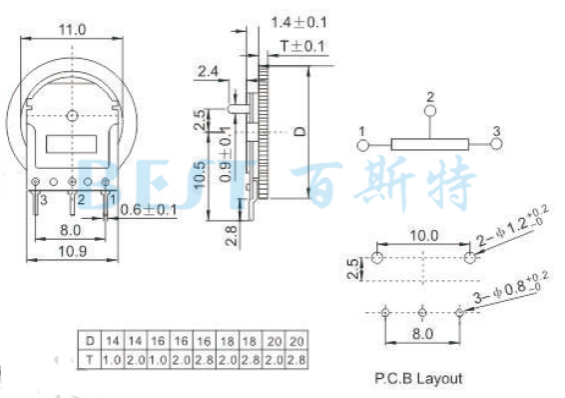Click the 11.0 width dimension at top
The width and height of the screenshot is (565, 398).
tap(69, 31)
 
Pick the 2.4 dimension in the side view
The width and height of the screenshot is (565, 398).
tap(209, 71)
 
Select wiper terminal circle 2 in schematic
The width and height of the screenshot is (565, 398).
tap(430, 112)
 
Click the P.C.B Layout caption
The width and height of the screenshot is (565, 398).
tap(420, 379)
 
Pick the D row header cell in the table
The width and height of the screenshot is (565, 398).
tap(91, 340)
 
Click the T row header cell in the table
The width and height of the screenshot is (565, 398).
tap(91, 357)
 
